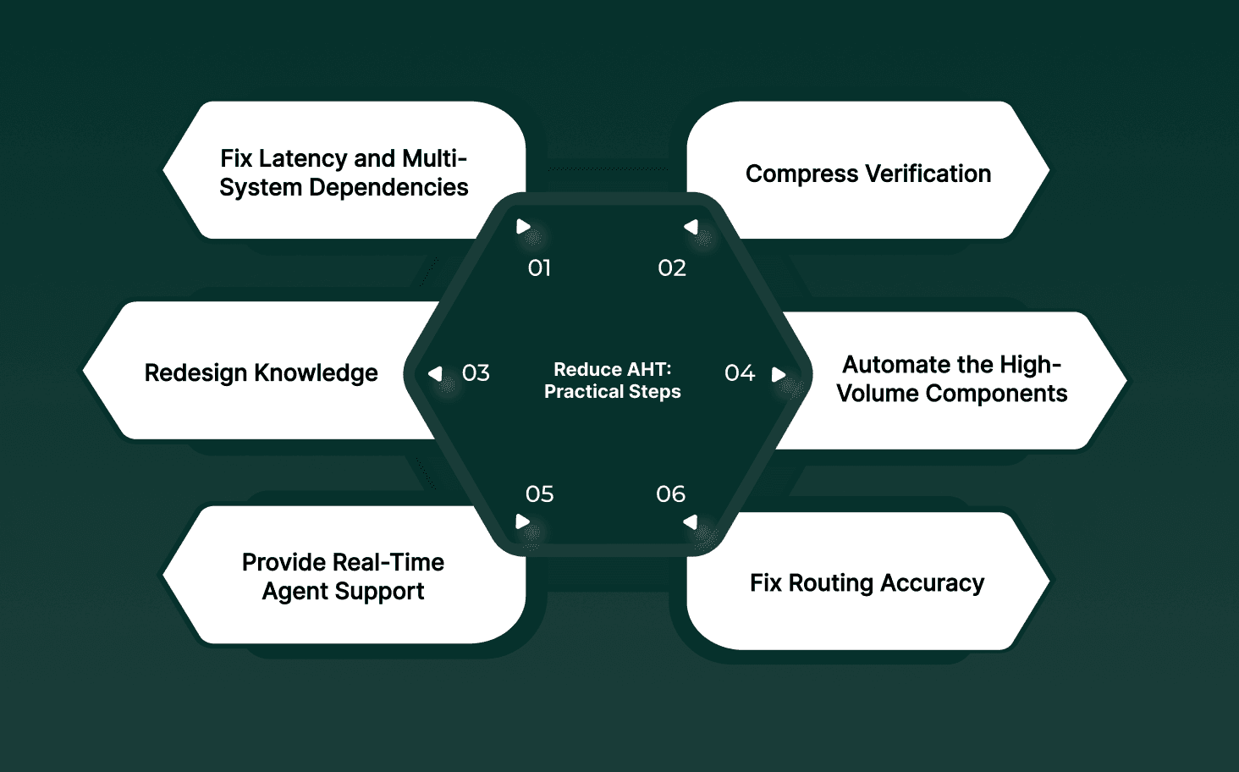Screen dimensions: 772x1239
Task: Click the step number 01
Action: pyautogui.click(x=539, y=268)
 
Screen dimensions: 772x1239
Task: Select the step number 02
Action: pyautogui.click(x=672, y=268)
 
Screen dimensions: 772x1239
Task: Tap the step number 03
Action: pyautogui.click(x=476, y=373)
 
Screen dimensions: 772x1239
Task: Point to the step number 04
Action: pyautogui.click(x=740, y=373)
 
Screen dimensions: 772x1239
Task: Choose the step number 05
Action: pyautogui.click(x=539, y=494)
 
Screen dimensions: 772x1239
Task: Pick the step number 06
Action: pyautogui.click(x=671, y=494)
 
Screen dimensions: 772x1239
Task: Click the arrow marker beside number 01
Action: pyautogui.click(x=523, y=227)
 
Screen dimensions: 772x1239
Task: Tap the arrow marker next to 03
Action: pyautogui.click(x=436, y=373)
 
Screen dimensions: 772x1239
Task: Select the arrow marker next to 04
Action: pyautogui.click(x=779, y=374)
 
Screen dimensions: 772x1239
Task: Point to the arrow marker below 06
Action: pyautogui.click(x=691, y=521)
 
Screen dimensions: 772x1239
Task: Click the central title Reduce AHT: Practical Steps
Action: pyautogui.click(x=613, y=381)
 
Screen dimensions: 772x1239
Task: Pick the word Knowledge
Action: pyautogui.click(x=316, y=373)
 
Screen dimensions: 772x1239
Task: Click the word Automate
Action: pyautogui.click(x=896, y=365)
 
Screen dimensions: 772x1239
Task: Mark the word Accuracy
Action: pyautogui.click(x=932, y=583)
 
